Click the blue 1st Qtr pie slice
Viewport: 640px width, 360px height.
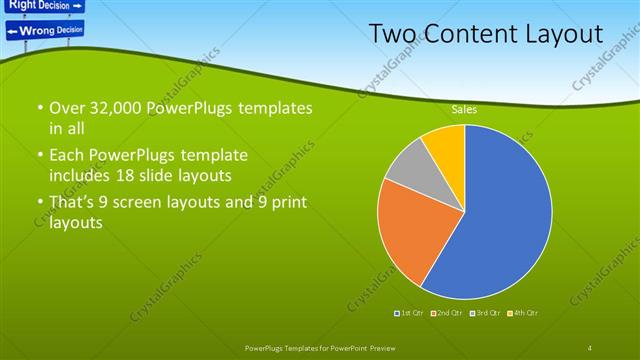pos(500,215)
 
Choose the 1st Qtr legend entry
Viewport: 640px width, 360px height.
pos(410,314)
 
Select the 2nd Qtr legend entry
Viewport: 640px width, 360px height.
pos(447,314)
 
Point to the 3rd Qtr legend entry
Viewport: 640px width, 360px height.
pos(485,314)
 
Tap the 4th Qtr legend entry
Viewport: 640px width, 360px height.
pos(522,314)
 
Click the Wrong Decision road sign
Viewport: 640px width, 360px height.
pos(45,30)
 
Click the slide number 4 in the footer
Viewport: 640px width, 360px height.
pos(589,347)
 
